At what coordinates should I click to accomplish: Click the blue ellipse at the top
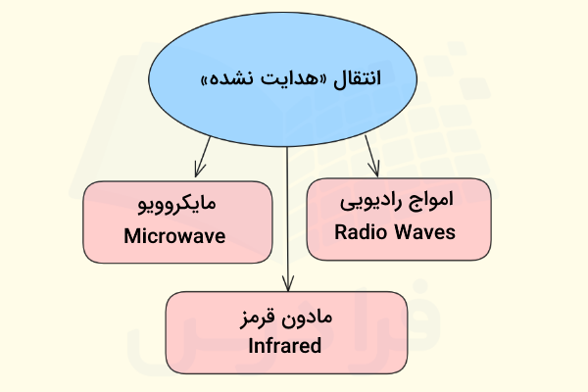(x=282, y=79)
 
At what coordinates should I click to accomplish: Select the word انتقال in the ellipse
(x=357, y=78)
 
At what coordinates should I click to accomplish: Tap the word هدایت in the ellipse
(x=290, y=78)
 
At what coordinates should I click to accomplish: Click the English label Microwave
(x=174, y=236)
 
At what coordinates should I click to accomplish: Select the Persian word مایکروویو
(x=177, y=205)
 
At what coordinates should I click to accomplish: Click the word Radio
(x=361, y=232)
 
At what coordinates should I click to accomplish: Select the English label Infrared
(x=284, y=346)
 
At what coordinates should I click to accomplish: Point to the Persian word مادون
(x=307, y=318)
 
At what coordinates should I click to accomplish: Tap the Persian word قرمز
(x=257, y=318)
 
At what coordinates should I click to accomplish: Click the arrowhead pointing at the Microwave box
(x=199, y=170)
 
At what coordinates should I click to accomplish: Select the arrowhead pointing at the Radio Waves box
(x=374, y=170)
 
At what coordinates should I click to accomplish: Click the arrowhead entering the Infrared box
(x=287, y=284)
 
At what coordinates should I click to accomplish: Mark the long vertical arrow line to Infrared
(x=287, y=220)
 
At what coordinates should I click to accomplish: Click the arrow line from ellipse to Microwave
(x=203, y=157)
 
